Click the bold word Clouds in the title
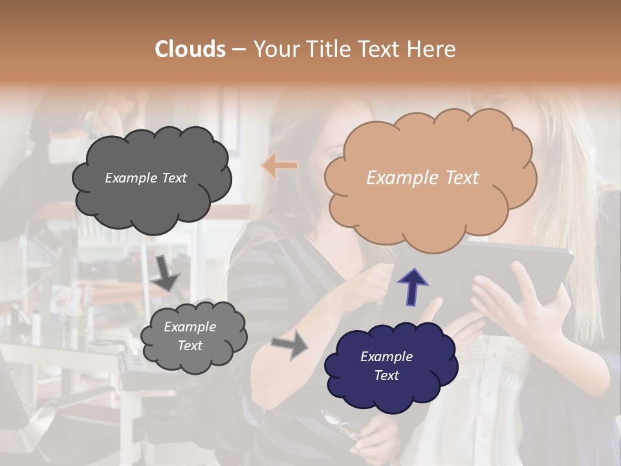[190, 49]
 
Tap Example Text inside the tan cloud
[422, 178]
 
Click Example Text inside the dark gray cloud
[146, 178]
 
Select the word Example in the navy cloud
[386, 357]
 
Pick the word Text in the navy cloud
[387, 375]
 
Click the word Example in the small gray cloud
[190, 327]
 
